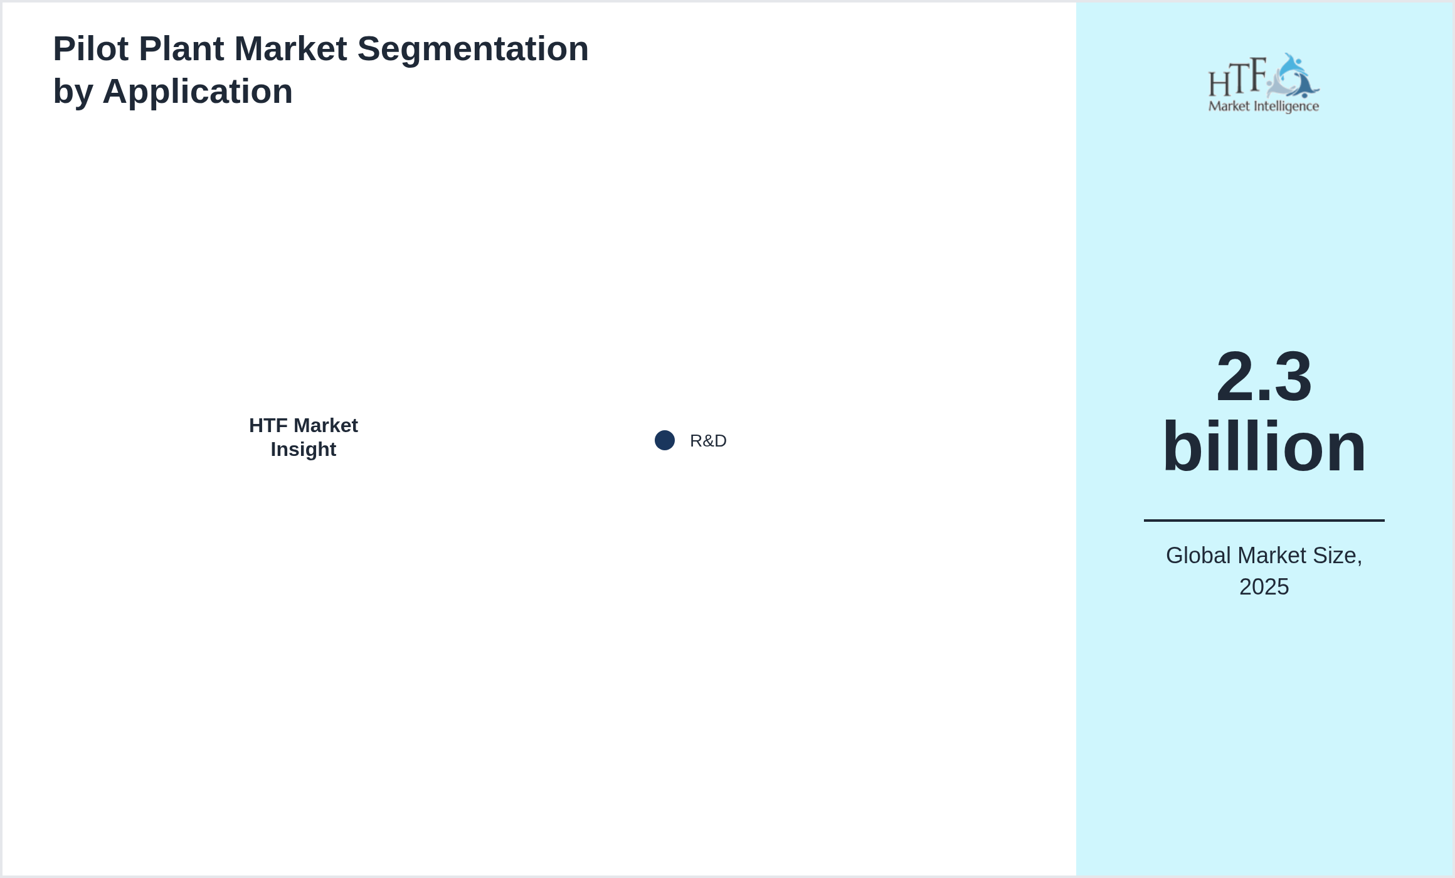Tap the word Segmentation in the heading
[x=473, y=49]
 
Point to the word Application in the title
[x=198, y=92]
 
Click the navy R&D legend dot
[x=665, y=440]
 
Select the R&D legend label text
[x=708, y=441]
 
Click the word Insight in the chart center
[x=304, y=450]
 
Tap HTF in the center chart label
[x=268, y=425]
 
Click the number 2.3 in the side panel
[x=1264, y=377]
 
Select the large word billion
[x=1264, y=447]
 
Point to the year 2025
[x=1264, y=587]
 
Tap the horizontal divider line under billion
[x=1264, y=520]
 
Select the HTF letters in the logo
[x=1238, y=77]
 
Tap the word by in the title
[x=73, y=92]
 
